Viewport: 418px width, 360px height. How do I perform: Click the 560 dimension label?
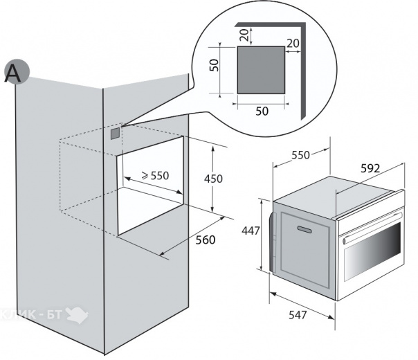coord(206,240)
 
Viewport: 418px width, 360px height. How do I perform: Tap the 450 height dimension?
coord(213,179)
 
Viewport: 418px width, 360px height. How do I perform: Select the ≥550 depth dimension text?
coord(155,175)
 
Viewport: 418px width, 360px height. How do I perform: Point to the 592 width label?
coord(370,168)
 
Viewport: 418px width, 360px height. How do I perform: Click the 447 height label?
coord(251,231)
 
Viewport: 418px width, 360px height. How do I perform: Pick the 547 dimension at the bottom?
coord(298,315)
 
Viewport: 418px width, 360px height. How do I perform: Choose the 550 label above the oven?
coord(300,155)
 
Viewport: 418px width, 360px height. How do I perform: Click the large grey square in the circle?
coord(262,70)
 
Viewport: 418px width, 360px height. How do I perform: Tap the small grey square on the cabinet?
coord(115,134)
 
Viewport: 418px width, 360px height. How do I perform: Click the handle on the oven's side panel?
coord(305,228)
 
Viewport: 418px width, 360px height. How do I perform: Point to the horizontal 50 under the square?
coord(262,111)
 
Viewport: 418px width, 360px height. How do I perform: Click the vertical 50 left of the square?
coord(214,65)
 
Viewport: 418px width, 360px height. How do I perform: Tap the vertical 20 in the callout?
coord(244,35)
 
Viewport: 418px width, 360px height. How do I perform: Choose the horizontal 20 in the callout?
coord(293,43)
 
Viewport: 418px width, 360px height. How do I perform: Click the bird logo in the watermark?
coord(77,315)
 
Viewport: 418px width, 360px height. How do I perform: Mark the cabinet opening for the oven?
coord(150,186)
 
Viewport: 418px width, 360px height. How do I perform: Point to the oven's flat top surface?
coord(334,194)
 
